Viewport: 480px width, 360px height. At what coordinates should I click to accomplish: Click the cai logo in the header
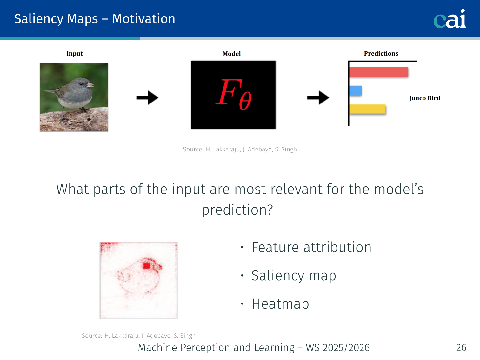pos(450,19)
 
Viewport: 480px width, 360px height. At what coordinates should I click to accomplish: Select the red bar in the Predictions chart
pos(379,72)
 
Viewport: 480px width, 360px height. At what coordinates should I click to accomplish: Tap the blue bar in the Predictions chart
pos(356,90)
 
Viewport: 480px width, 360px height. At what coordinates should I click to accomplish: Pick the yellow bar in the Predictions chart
pos(367,109)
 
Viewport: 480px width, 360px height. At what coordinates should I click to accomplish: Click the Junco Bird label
pos(425,98)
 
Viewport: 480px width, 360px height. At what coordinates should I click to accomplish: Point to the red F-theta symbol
pos(233,94)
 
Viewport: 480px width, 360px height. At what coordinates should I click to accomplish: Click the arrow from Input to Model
pos(147,97)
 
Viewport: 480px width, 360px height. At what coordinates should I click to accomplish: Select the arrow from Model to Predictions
pos(318,97)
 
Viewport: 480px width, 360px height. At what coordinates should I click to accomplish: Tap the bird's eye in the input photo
pos(81,84)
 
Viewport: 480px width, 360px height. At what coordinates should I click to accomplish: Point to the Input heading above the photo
pos(75,54)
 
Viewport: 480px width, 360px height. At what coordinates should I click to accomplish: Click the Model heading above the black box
pos(231,54)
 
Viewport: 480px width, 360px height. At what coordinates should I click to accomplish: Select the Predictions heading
pos(381,54)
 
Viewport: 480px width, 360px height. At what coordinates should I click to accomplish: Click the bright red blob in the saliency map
pos(147,266)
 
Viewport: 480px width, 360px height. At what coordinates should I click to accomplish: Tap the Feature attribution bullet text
pos(311,248)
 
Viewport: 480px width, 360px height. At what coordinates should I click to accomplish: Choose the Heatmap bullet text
pos(280,304)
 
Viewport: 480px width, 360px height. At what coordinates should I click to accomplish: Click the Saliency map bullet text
pos(294,276)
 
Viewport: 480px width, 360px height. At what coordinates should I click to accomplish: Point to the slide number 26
pos(461,348)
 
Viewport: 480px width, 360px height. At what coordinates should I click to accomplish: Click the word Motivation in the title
pos(144,19)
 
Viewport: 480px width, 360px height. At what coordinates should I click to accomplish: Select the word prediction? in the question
pos(237,210)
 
